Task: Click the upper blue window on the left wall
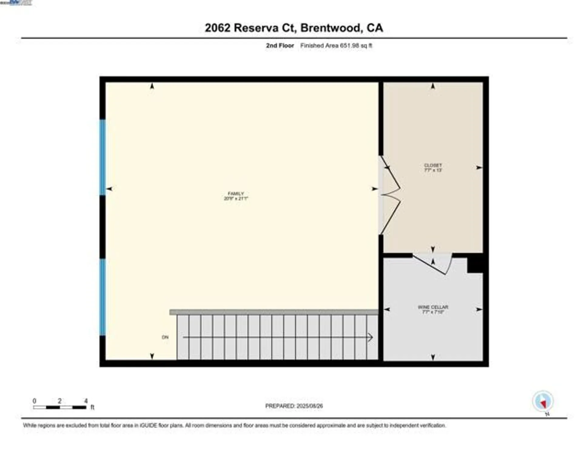click(x=103, y=157)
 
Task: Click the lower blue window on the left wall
click(x=103, y=297)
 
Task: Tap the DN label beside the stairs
click(x=165, y=337)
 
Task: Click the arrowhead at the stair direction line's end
click(x=370, y=337)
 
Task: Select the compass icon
click(x=543, y=401)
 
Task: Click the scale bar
click(x=60, y=407)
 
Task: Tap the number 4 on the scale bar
click(x=86, y=401)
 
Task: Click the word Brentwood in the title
click(x=331, y=28)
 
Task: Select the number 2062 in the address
click(x=217, y=28)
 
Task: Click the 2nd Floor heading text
click(x=280, y=45)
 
